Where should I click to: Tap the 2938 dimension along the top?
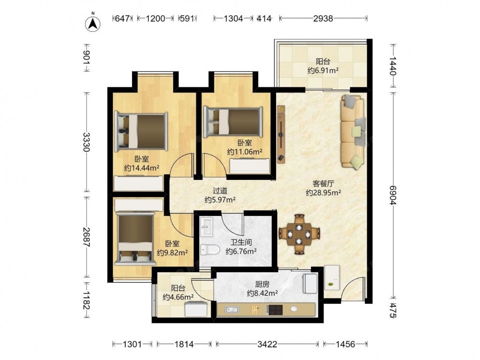click(x=323, y=19)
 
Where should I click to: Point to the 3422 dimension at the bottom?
click(x=267, y=344)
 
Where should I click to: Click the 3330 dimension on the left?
click(x=86, y=142)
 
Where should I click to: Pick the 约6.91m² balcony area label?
click(x=323, y=71)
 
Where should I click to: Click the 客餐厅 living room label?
click(x=323, y=184)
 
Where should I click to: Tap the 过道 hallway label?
click(x=220, y=191)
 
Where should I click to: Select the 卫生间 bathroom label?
click(x=241, y=242)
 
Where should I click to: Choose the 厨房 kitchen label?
click(x=262, y=284)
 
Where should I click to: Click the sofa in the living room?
click(x=353, y=132)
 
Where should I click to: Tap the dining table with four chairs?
click(x=299, y=235)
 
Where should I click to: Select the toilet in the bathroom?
click(x=210, y=250)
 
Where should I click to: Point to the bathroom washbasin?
click(x=206, y=227)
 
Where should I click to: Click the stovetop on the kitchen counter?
click(x=276, y=310)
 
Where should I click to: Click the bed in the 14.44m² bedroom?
click(x=141, y=132)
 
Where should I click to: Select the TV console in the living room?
click(x=281, y=134)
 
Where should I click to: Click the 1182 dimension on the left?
click(x=86, y=300)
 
